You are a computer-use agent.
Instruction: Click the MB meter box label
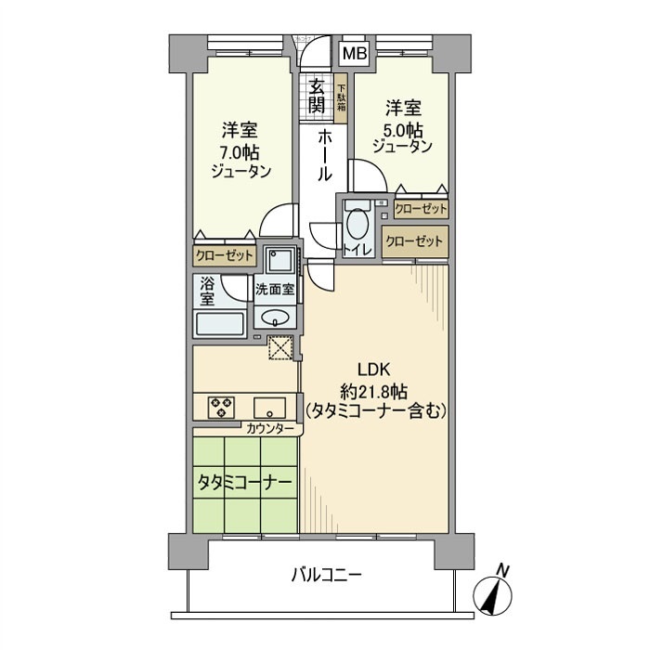click(354, 53)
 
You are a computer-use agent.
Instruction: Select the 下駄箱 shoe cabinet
click(341, 97)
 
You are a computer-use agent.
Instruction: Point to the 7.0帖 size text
click(240, 150)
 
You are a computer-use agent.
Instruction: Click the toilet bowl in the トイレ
click(356, 224)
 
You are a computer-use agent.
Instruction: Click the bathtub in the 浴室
click(219, 323)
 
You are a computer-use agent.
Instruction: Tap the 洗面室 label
click(276, 289)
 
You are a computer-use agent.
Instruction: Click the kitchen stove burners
click(223, 407)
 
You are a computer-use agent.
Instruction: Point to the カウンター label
click(271, 428)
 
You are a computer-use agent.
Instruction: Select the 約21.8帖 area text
click(376, 389)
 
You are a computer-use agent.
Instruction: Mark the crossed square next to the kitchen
click(279, 346)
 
